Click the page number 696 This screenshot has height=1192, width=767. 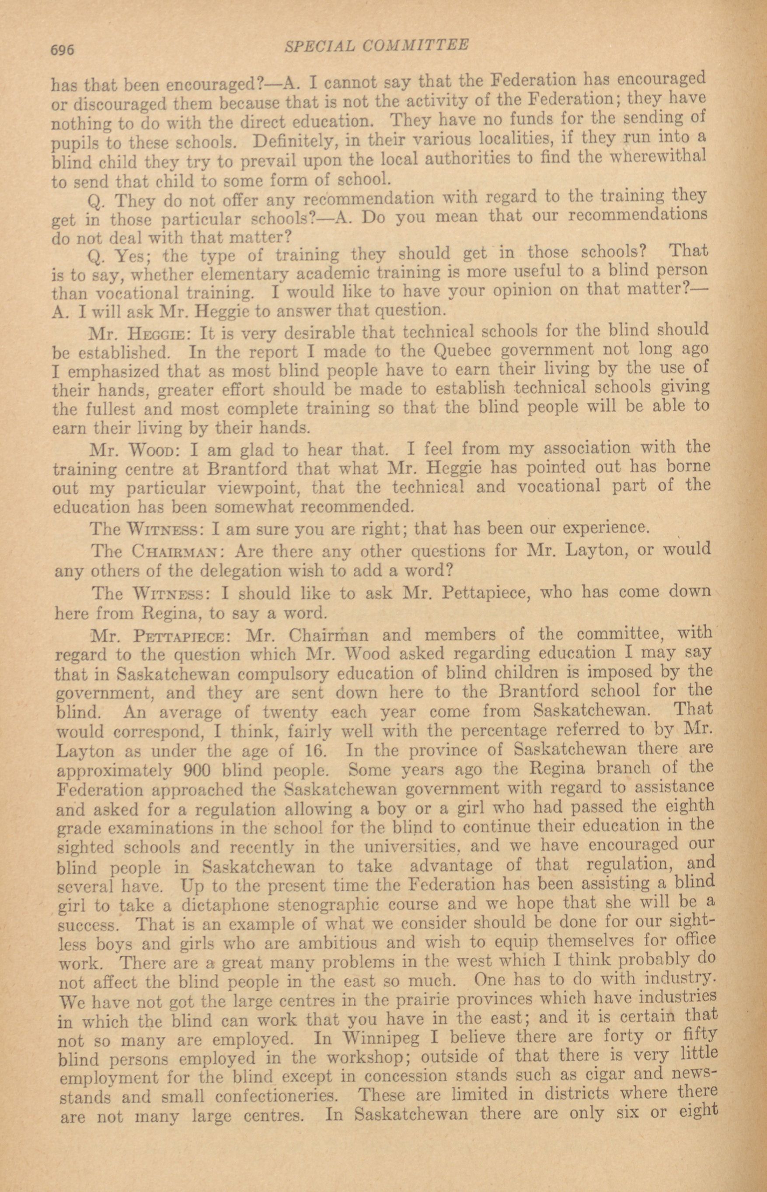[62, 50]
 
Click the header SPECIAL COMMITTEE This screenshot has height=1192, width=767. [376, 46]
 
